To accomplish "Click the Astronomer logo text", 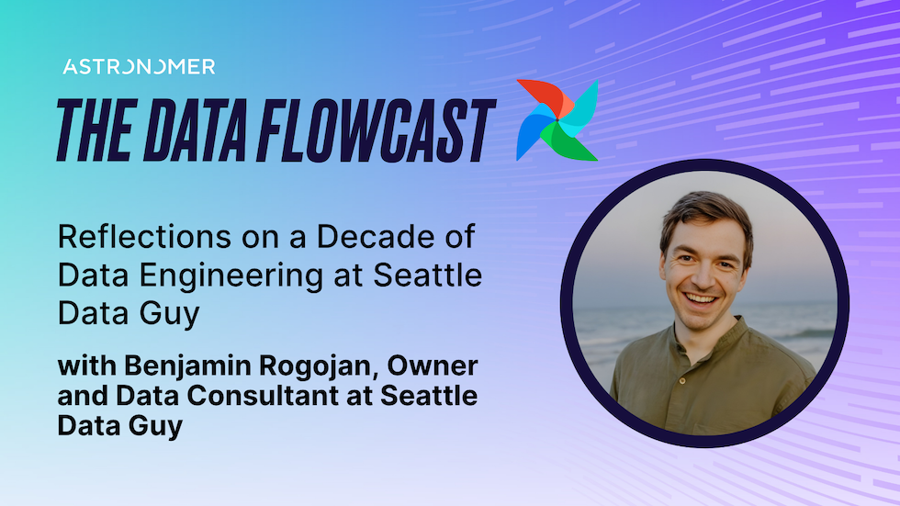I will tap(139, 67).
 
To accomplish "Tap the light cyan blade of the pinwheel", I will tap(582, 103).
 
